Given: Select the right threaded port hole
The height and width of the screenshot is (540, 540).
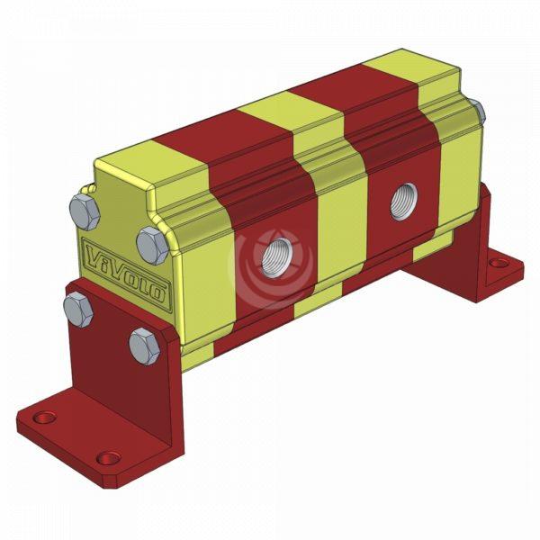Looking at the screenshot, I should click(402, 204).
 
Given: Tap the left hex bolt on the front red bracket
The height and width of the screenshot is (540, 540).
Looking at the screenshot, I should click(78, 308).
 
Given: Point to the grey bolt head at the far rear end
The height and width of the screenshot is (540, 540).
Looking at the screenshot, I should click(478, 112).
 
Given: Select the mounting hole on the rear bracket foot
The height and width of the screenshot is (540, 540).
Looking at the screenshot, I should click(495, 265).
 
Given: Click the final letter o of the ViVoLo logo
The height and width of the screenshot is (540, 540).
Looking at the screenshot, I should click(158, 292).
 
